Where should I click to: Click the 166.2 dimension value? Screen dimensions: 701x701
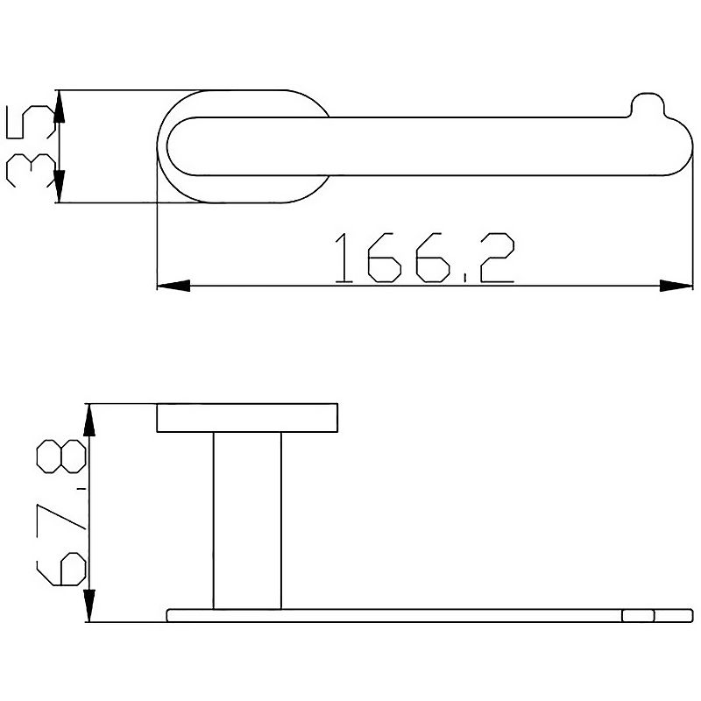click(425, 258)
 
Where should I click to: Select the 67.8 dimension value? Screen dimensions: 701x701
click(61, 513)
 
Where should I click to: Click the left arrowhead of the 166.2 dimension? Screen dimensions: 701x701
click(173, 286)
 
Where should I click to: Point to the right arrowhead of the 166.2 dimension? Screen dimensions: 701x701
click(676, 286)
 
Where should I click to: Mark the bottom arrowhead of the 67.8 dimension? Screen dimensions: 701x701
click(89, 605)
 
